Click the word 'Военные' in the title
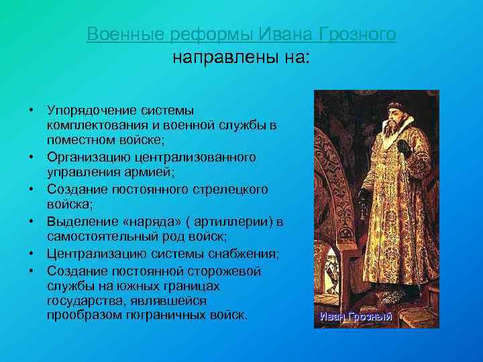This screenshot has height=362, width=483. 118,34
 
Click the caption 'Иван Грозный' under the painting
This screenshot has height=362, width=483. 355,317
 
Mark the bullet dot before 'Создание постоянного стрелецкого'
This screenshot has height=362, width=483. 32,190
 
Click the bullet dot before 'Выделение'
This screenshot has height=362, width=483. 32,222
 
